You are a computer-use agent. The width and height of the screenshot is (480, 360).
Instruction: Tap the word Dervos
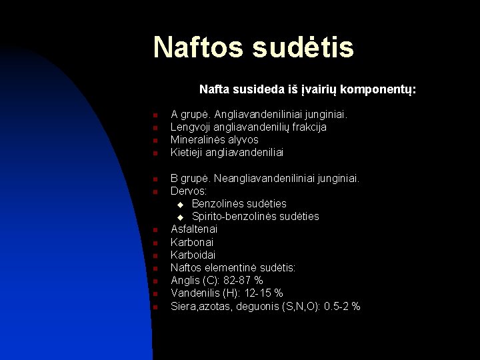pos(188,191)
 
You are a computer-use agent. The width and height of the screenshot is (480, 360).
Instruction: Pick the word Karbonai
pos(191,242)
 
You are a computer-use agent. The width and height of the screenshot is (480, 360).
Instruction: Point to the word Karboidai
pos(193,255)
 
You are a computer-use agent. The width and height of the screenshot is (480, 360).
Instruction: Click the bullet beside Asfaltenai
pos(154,230)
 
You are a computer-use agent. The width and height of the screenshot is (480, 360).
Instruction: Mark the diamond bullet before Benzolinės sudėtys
pos(180,204)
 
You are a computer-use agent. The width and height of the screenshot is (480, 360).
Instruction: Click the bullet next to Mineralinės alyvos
pos(154,141)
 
